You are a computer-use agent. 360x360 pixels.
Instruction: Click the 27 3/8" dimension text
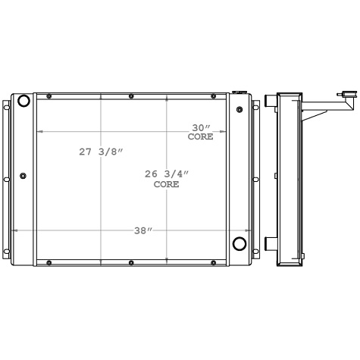[x=99, y=152]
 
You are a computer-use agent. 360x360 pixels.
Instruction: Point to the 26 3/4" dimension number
[x=166, y=174]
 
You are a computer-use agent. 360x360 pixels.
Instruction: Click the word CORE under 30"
[x=201, y=137]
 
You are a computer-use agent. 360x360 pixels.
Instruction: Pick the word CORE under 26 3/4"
[x=166, y=184]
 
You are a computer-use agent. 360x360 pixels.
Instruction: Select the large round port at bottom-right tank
[x=239, y=244]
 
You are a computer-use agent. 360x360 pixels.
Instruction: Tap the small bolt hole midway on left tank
[x=23, y=177]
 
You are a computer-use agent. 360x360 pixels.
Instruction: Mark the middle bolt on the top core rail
[x=131, y=96]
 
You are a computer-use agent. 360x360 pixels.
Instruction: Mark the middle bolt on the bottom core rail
[x=131, y=262]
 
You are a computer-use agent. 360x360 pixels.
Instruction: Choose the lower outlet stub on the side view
[x=269, y=243]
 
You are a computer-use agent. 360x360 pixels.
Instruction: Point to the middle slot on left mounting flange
[x=6, y=179]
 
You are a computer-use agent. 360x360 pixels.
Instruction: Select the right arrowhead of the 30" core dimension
[x=226, y=132]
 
